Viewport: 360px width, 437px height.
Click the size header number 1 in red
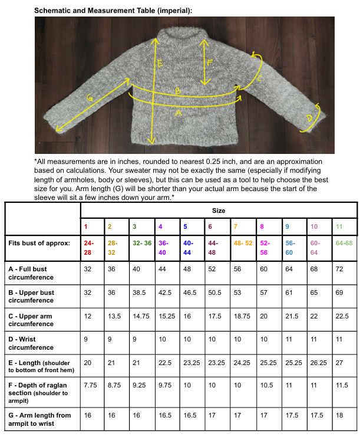pos(85,226)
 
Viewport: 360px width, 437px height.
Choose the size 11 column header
pos(339,226)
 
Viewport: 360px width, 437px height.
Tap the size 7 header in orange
pos(236,226)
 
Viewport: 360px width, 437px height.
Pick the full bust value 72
pos(339,270)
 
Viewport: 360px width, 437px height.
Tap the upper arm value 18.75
pos(242,316)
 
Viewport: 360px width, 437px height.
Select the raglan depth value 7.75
pos(90,385)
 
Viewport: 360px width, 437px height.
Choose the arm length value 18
pos(339,415)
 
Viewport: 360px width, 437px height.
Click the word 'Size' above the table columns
pos(218,211)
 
